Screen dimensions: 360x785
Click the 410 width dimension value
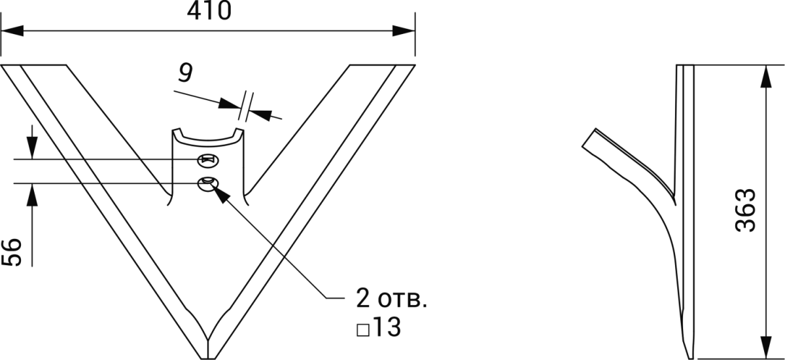(209, 11)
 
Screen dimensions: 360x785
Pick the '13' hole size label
(387, 328)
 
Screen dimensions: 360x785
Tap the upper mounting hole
(209, 160)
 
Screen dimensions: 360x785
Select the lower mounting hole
(208, 184)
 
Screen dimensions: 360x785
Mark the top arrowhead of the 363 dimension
(763, 74)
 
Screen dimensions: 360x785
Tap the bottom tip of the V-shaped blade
(208, 357)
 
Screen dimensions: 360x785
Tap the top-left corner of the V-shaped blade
(3, 65)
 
